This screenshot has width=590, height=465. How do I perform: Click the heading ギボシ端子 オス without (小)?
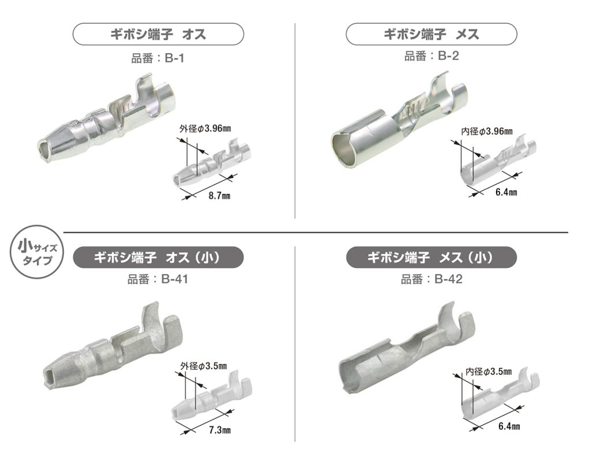tap(158, 34)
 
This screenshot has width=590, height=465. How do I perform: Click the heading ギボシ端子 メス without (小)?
tap(431, 34)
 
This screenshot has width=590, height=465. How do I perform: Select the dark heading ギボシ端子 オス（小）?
tap(158, 257)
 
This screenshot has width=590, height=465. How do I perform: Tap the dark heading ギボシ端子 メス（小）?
tap(431, 257)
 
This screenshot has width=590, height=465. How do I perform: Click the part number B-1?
tap(175, 58)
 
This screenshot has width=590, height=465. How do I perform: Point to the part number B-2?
tap(448, 56)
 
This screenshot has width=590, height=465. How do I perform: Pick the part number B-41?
tap(175, 279)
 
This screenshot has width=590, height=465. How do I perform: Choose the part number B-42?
tap(448, 279)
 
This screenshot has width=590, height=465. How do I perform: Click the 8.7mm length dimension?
tap(220, 196)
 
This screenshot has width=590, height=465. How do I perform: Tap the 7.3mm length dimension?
tap(220, 430)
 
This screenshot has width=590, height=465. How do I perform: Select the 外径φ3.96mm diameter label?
tap(205, 128)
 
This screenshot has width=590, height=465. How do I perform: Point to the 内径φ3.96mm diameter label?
tap(486, 131)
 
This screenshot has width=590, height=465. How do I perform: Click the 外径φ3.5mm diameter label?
tap(203, 366)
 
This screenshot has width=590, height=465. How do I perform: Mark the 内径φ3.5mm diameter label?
tap(489, 372)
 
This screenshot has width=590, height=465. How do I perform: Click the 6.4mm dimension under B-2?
tap(506, 192)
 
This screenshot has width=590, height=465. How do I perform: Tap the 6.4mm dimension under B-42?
tap(509, 426)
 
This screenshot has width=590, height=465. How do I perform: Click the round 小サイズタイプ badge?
tap(37, 252)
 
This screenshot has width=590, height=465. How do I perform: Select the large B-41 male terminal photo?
tap(113, 348)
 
